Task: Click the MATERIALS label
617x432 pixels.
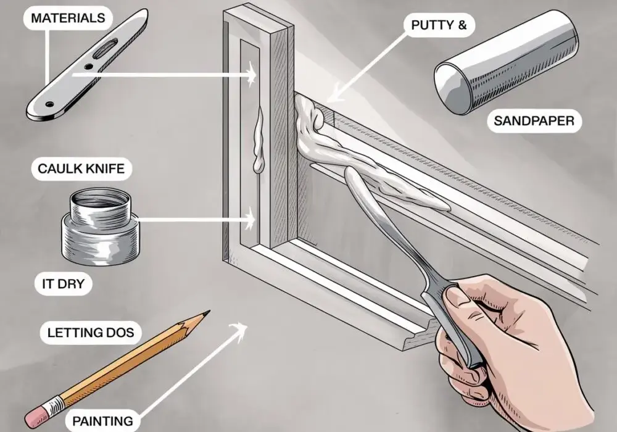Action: pos(68,18)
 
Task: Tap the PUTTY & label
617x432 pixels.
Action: pos(439,25)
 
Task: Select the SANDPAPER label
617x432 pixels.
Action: pos(534,120)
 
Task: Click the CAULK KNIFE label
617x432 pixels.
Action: pos(81,168)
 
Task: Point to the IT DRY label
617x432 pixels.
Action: pos(63,284)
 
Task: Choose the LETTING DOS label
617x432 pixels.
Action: pos(91,333)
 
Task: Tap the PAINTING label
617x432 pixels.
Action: pos(102,421)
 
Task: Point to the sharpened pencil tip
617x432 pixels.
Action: pos(205,314)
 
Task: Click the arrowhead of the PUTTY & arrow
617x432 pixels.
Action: pos(332,95)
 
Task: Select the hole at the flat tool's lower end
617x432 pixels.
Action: pos(49,104)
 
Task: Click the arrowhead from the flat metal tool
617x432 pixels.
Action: pos(251,74)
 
